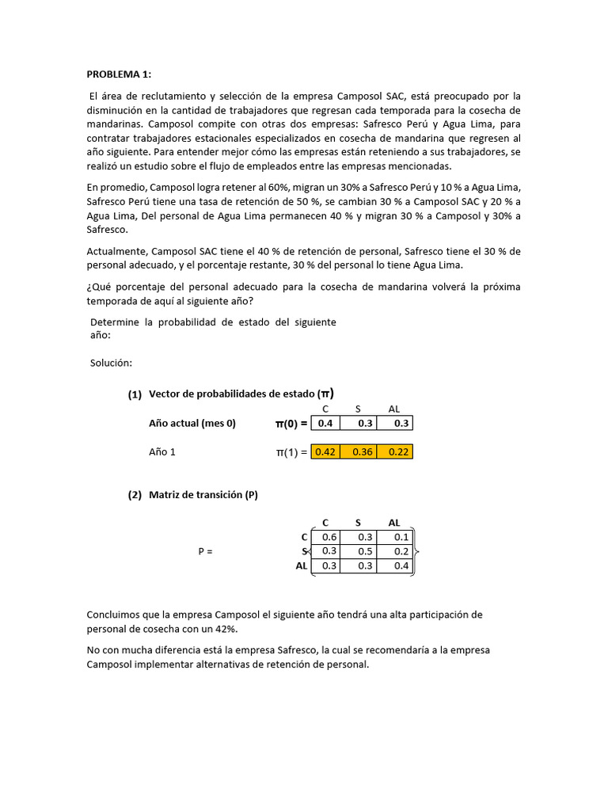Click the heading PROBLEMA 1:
coord(118,74)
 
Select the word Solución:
coord(111,363)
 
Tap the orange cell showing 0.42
coord(325,451)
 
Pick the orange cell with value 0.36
coord(361,451)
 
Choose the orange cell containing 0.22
coord(395,451)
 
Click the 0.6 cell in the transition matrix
coord(329,537)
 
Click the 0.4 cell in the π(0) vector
coord(325,423)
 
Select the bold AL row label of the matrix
coord(301,566)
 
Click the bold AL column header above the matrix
coord(394,523)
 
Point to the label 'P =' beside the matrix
coord(205,551)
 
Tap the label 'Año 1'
coord(163,451)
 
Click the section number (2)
coord(135,495)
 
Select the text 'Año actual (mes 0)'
coord(192,423)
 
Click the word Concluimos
coord(116,615)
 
